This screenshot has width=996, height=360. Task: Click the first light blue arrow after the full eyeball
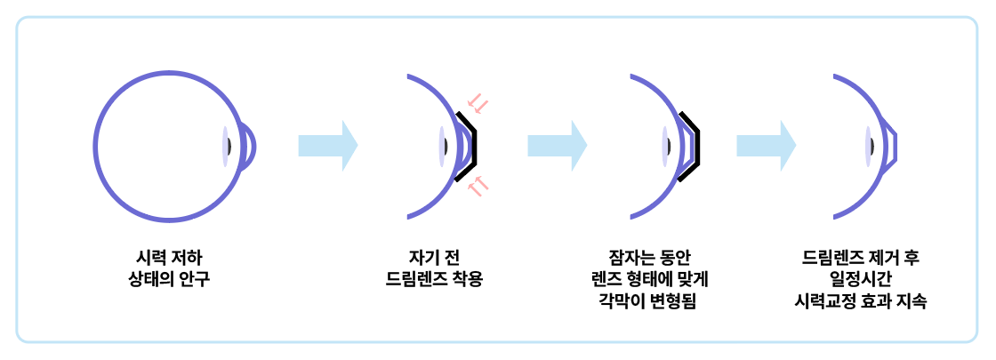[327, 145]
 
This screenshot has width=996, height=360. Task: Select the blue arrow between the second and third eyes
[557, 145]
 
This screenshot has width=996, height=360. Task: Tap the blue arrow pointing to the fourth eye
[766, 145]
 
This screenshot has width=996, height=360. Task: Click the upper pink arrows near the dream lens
[478, 103]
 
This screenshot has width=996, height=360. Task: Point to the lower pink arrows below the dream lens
[478, 186]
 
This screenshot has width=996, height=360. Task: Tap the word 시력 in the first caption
[145, 260]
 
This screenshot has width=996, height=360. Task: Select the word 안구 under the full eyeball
[197, 280]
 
